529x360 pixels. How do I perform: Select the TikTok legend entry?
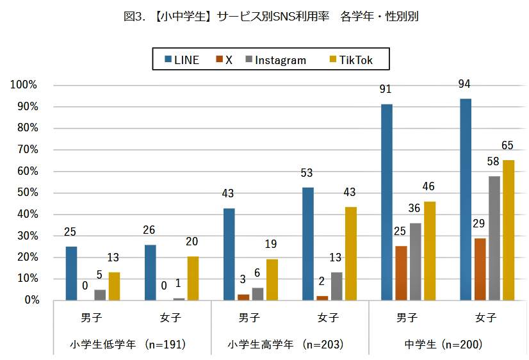point(350,60)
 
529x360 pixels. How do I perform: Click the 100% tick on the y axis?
point(24,85)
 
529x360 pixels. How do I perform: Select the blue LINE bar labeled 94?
point(466,199)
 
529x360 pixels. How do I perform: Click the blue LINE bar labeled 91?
point(387,202)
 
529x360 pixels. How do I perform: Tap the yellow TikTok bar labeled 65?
point(508,230)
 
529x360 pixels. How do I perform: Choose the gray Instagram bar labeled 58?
point(494,238)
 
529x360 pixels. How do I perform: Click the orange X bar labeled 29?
point(480,269)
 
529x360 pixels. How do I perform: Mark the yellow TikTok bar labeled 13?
point(114,286)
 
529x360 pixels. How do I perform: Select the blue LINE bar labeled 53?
point(308,243)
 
